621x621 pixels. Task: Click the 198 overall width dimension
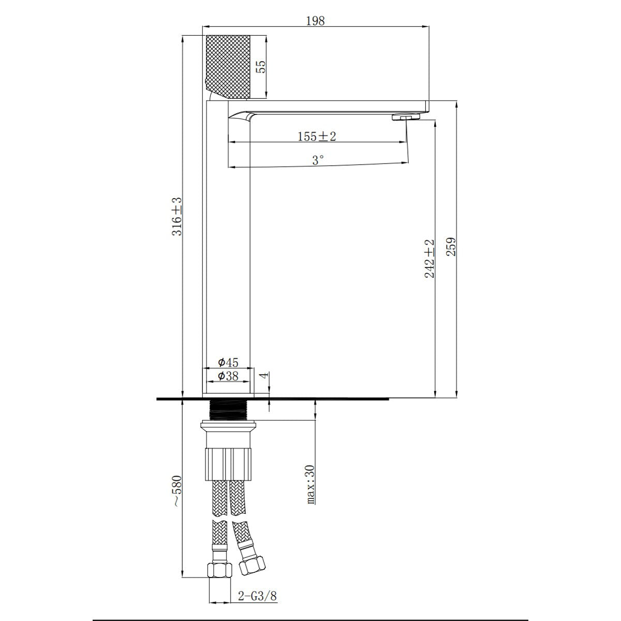(x=315, y=21)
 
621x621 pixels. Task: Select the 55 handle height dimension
(x=262, y=67)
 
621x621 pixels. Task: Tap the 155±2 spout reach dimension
(x=317, y=136)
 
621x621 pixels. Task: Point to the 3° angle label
(x=318, y=160)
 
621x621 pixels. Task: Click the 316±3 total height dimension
(x=177, y=216)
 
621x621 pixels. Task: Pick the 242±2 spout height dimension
(x=429, y=258)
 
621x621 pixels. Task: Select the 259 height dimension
(x=451, y=246)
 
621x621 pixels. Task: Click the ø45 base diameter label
(x=228, y=363)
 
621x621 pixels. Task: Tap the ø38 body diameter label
(x=228, y=376)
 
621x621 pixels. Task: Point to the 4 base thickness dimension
(x=263, y=375)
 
